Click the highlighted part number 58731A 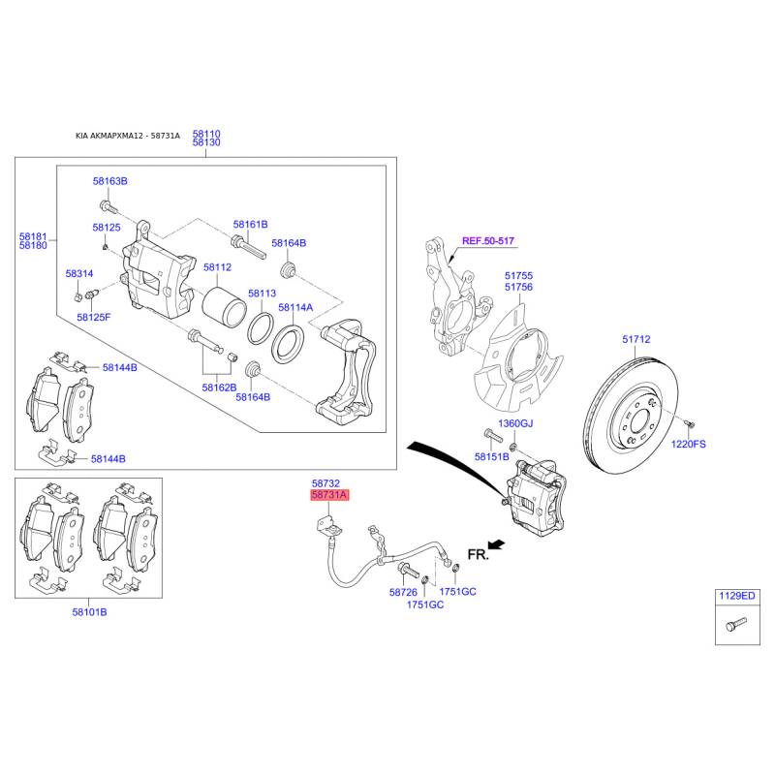329,495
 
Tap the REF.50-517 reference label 488,240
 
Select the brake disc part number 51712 636,339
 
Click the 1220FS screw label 688,444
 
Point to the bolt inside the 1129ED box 736,624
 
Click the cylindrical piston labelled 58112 224,306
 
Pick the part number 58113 262,294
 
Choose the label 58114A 295,307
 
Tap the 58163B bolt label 109,181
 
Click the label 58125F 94,317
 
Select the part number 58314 79,273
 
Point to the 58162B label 219,387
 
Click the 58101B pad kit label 89,612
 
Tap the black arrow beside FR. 496,544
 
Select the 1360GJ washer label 515,423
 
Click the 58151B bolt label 491,456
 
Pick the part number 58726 403,592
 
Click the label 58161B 250,225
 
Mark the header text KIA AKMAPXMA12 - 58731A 128,136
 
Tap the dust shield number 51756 518,287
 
